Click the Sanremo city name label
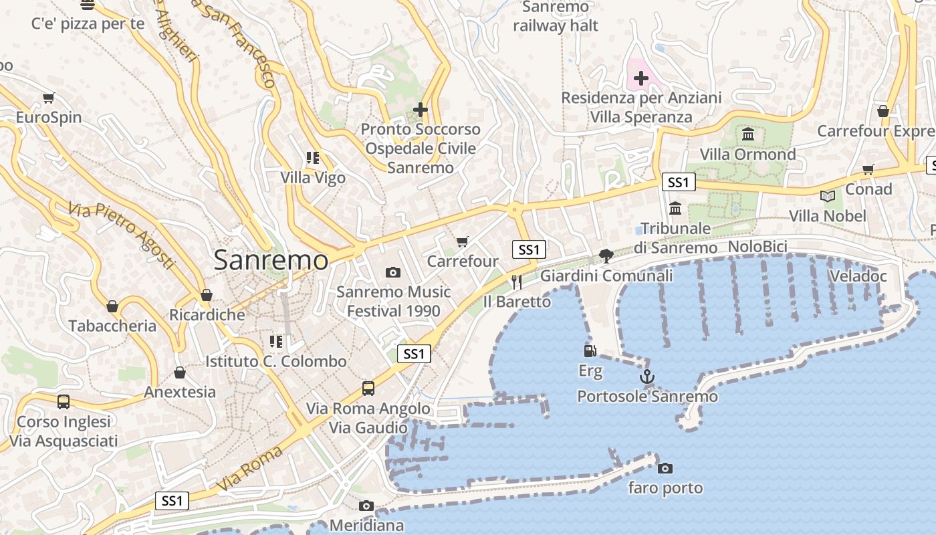click(271, 260)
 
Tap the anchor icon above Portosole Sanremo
click(647, 377)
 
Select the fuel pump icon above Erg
click(590, 350)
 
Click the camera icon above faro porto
click(665, 468)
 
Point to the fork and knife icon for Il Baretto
click(516, 282)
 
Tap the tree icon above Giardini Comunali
click(606, 255)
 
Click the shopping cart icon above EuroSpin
click(48, 98)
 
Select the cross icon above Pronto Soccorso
click(420, 109)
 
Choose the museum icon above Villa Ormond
click(747, 134)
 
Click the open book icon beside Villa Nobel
click(828, 196)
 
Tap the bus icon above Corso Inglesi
click(64, 402)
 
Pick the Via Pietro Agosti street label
click(121, 235)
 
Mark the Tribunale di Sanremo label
click(675, 237)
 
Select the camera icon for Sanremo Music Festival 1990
click(393, 272)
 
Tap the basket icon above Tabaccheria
click(112, 306)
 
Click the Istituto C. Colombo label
click(275, 361)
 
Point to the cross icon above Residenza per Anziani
click(640, 79)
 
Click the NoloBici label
click(757, 246)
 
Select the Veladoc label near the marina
click(858, 276)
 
